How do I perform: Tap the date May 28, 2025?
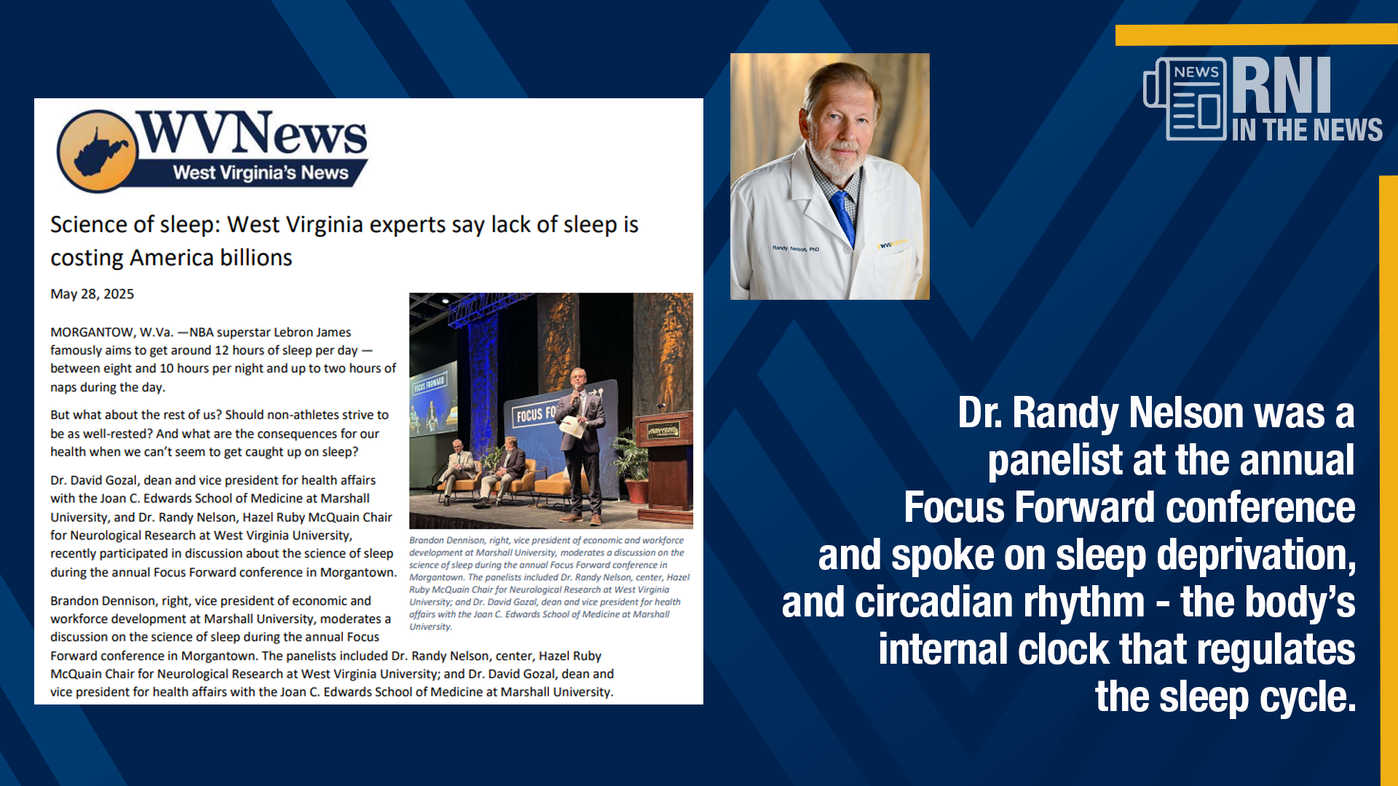(92, 294)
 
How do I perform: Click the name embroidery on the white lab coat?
(795, 248)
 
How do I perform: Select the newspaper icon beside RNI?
(1185, 98)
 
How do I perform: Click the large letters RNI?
(1281, 85)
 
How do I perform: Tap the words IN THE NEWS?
(1307, 130)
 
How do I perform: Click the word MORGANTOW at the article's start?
(92, 333)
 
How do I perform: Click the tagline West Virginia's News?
(261, 173)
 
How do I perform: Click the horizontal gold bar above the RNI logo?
(1257, 35)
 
